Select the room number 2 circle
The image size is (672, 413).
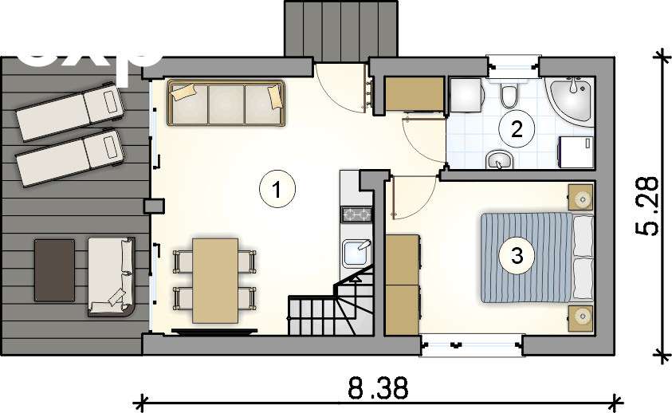[517, 128]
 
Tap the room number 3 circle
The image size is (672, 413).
[517, 256]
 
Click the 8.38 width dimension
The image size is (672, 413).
[378, 388]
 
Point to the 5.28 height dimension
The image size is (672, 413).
[648, 206]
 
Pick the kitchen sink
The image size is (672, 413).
[355, 254]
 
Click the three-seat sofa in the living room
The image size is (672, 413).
[226, 103]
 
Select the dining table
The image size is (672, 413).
[215, 280]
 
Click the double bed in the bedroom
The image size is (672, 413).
[536, 257]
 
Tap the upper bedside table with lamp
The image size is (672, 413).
[582, 197]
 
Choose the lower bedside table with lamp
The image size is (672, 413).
[582, 317]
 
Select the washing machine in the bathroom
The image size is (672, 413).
[574, 151]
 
